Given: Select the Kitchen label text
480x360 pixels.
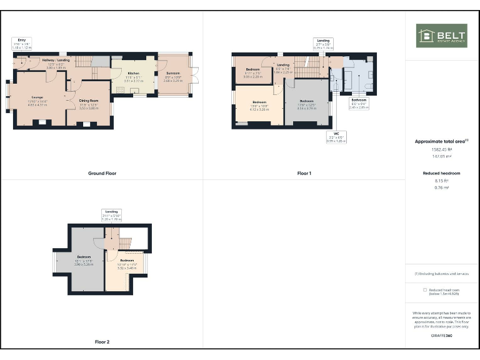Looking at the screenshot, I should [x=134, y=73].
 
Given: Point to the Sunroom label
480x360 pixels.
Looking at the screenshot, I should [x=172, y=73].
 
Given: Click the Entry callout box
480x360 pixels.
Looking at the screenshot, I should [x=21, y=43].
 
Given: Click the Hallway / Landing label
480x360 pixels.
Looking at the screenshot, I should [x=56, y=59].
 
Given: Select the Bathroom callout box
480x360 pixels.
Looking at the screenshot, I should [x=359, y=103].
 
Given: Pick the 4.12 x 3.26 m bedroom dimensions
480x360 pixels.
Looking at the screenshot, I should [x=259, y=109].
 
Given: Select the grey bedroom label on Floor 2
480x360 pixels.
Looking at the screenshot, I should [x=84, y=257].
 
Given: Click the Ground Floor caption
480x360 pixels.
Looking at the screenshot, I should [x=102, y=173].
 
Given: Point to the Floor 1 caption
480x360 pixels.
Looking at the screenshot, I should [x=304, y=173].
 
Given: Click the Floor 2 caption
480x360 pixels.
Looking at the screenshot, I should [x=102, y=342].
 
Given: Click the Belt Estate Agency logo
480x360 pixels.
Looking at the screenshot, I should [x=441, y=36].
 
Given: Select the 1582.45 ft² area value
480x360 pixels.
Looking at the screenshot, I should [x=442, y=149].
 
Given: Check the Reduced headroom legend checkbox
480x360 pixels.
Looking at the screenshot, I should [x=425, y=290].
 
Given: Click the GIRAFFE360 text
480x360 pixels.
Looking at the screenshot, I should [x=442, y=336].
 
